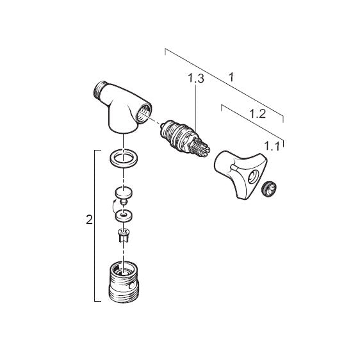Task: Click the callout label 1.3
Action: (x=196, y=78)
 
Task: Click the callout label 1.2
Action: (x=258, y=113)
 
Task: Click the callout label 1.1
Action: (x=272, y=146)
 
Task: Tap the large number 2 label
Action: (x=89, y=220)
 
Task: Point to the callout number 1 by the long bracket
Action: (x=231, y=77)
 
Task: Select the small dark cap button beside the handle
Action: (x=269, y=189)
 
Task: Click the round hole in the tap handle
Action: (x=253, y=177)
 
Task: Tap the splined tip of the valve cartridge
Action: (x=202, y=147)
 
